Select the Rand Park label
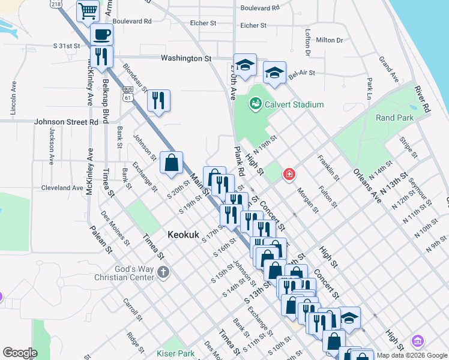394,118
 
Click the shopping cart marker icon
88,11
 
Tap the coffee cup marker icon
102,35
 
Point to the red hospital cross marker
289,175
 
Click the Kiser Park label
175,354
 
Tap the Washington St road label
186,58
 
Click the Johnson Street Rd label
66,122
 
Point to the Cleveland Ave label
62,188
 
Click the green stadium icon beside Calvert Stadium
256,104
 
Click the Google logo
20,353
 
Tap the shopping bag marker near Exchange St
171,162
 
